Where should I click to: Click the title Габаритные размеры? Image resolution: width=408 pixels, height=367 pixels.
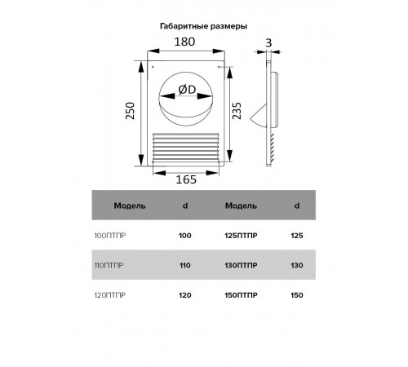coord(203,26)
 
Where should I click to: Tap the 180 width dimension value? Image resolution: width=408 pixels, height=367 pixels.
coord(184,42)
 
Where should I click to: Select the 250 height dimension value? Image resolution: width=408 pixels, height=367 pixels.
coord(131,110)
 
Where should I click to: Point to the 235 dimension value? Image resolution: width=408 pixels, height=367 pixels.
coord(237,110)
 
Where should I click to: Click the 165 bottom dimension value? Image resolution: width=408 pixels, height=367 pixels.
coord(186,179)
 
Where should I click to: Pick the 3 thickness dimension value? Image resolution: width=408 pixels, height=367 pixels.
coord(268,43)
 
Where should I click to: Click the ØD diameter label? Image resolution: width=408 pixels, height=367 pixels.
coord(187,90)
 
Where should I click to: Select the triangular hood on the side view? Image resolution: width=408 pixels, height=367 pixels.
coord(259,116)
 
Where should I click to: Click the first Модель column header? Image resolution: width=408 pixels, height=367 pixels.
coord(130,206)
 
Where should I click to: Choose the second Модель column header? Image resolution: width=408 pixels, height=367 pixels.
coord(241,206)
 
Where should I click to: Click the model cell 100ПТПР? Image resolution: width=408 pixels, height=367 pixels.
coord(110,236)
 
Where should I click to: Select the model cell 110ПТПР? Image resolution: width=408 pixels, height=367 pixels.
coord(109,265)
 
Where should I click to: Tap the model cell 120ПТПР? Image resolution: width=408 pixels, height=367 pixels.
coord(110,295)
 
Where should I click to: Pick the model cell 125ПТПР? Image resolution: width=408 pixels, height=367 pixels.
coord(241,236)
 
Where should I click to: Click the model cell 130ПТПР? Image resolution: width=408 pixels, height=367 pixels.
coord(241,265)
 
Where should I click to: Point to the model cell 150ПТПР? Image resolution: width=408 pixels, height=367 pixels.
coord(241,295)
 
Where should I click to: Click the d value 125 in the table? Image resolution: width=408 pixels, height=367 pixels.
coord(297,236)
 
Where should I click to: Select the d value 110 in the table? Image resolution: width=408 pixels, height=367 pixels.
coord(185,265)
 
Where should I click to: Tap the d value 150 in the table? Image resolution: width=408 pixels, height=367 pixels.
coord(297,295)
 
